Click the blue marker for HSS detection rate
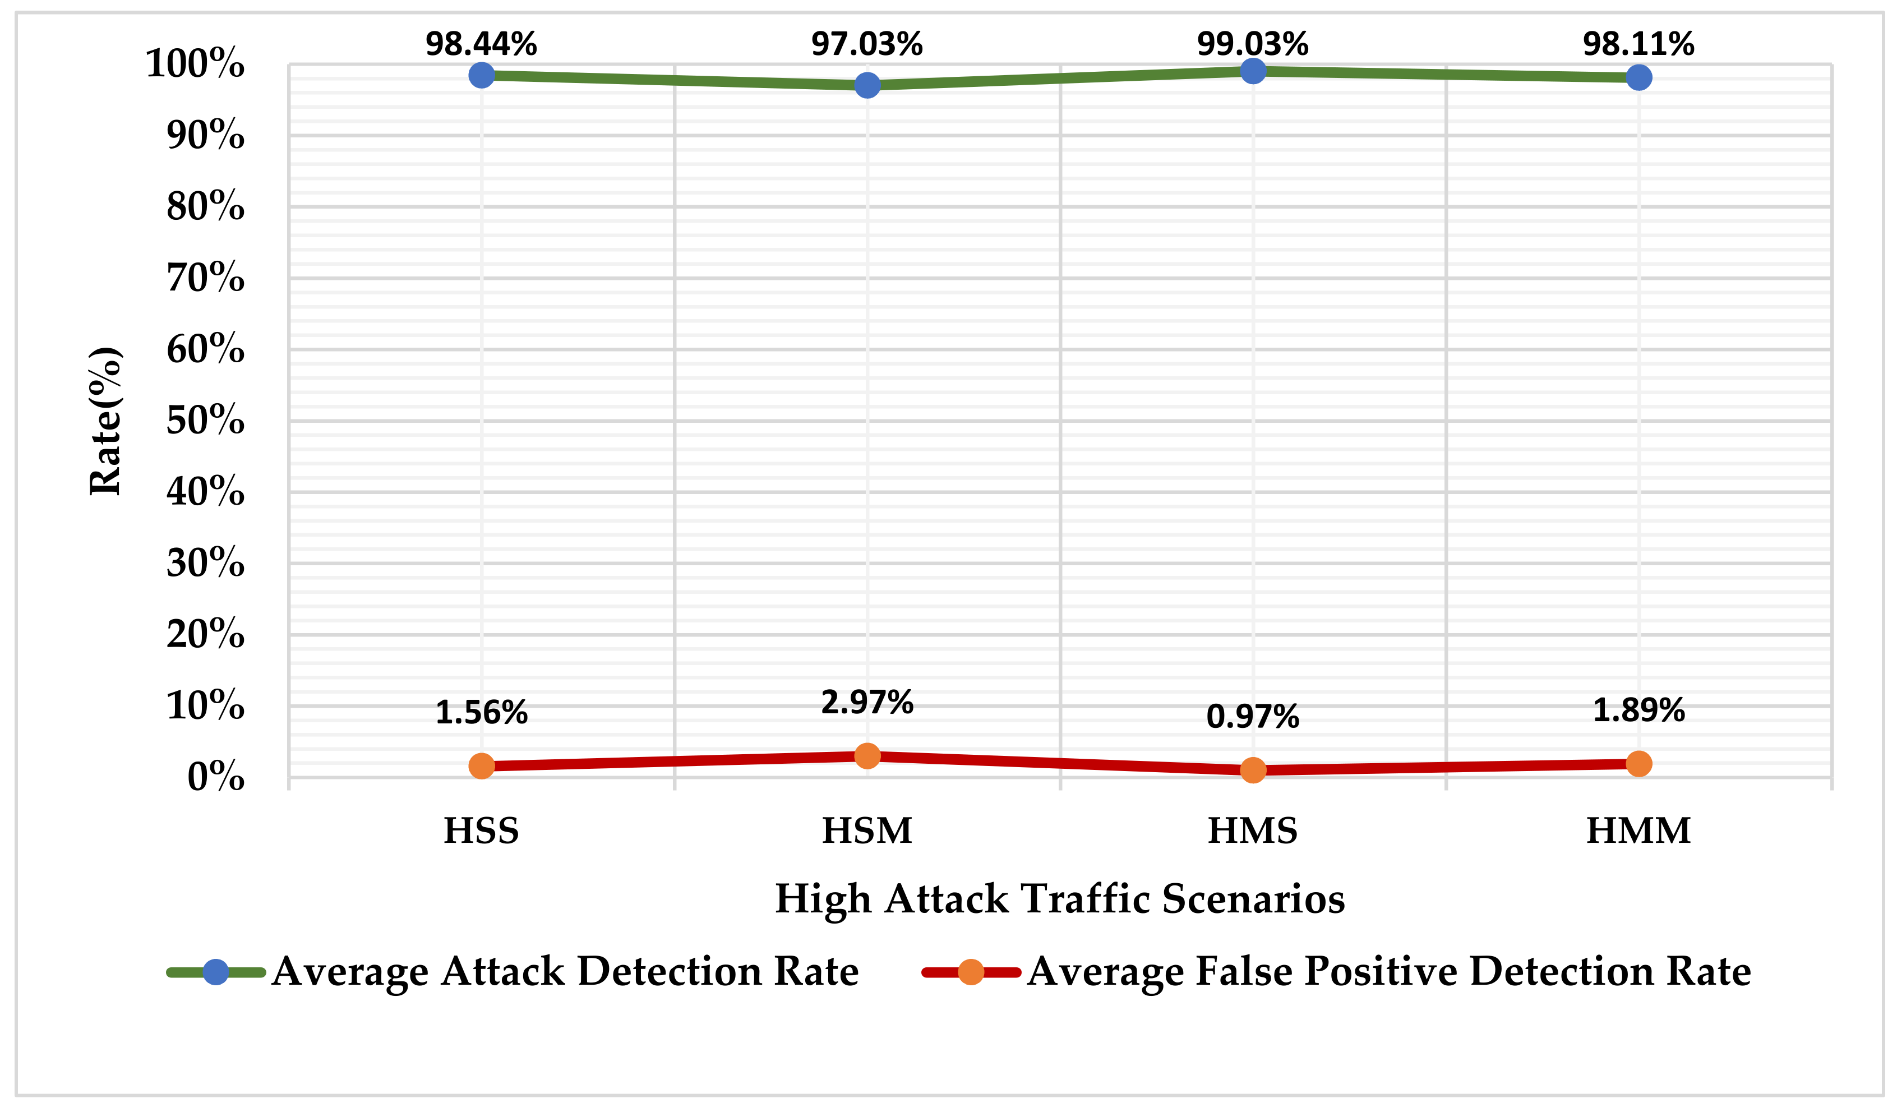tap(481, 75)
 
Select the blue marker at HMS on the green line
tap(1253, 71)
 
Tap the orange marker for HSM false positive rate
tap(867, 755)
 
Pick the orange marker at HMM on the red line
tap(1639, 763)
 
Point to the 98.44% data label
tap(481, 44)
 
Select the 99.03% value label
tap(1253, 44)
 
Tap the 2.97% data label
tap(867, 703)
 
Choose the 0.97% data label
tap(1253, 716)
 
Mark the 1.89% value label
tap(1639, 710)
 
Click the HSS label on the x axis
tap(481, 831)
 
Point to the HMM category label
tap(1639, 831)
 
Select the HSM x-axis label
tap(867, 831)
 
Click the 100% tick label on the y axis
tap(195, 63)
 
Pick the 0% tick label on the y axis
tap(216, 777)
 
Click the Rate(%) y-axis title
tap(105, 421)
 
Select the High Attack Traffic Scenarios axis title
tap(1060, 899)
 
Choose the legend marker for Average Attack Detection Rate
tap(216, 972)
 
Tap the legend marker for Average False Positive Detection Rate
tap(971, 972)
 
